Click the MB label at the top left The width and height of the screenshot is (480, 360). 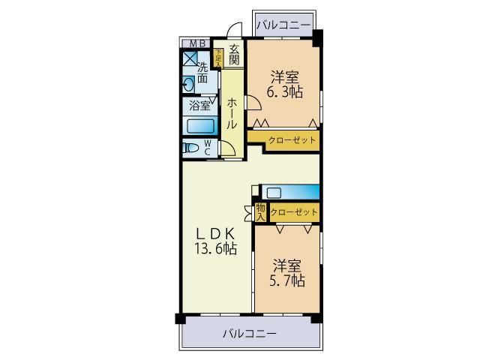(197, 43)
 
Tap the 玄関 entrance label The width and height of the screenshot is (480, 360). (235, 55)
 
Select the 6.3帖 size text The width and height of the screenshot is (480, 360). (285, 93)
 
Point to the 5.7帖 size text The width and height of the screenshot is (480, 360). (288, 281)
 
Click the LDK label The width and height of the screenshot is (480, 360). (218, 232)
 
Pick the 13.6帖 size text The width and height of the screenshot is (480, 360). (217, 249)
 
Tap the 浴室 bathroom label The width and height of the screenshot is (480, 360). (199, 106)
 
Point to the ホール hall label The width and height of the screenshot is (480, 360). (232, 112)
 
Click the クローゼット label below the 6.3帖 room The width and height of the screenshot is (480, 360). (292, 140)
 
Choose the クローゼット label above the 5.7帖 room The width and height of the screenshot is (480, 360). (294, 213)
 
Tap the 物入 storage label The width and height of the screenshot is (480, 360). (260, 212)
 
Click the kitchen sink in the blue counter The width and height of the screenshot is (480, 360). (274, 192)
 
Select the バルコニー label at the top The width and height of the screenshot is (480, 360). (283, 25)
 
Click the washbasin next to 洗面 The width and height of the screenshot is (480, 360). (188, 83)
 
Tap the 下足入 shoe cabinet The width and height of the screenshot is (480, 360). (218, 58)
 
